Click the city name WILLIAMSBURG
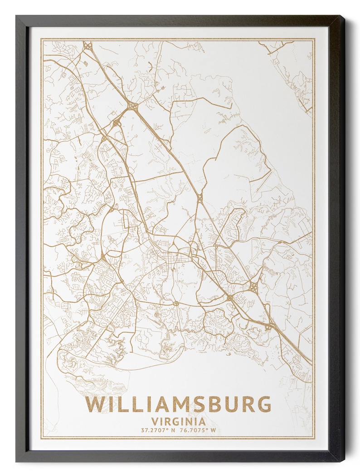coord(178,404)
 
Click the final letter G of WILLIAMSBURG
coord(263,404)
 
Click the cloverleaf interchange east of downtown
coord(253,286)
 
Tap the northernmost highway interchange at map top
coord(87,45)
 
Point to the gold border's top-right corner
coord(314,39)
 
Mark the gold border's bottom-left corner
coord(41,439)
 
